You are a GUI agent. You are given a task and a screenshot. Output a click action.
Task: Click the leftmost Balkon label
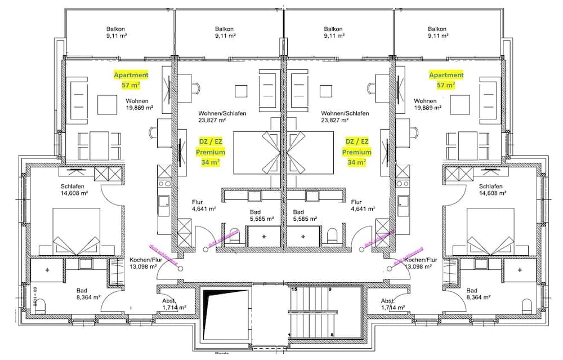[x=115, y=32]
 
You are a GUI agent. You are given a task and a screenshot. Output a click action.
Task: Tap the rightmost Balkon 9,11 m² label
[x=437, y=32]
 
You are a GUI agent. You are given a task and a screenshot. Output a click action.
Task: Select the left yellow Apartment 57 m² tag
[x=131, y=80]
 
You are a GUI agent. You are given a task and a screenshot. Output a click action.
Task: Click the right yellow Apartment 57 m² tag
[x=446, y=80]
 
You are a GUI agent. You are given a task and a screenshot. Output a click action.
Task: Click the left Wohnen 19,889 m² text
[x=137, y=105]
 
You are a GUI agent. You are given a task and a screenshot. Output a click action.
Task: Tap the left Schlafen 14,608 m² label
[x=74, y=190]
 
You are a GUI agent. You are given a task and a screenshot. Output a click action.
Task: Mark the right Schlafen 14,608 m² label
[x=493, y=190]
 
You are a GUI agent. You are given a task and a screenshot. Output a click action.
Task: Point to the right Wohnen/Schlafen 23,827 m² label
[x=345, y=117]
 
